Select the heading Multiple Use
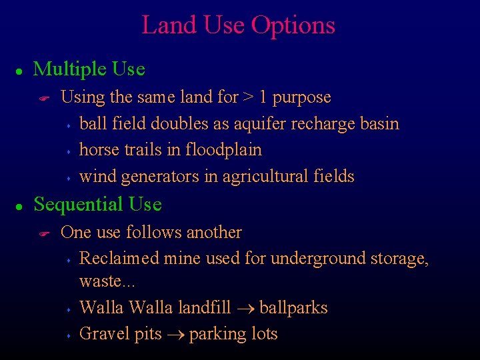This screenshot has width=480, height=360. click(89, 69)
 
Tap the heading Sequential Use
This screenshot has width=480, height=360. click(97, 204)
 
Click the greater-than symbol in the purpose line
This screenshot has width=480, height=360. click(247, 97)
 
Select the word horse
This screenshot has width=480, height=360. click(98, 149)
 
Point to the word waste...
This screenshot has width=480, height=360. click(97, 281)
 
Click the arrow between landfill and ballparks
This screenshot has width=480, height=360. click(245, 309)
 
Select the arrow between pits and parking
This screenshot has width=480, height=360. click(175, 335)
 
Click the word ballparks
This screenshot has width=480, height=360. click(293, 308)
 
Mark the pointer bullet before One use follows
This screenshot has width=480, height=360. click(45, 233)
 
